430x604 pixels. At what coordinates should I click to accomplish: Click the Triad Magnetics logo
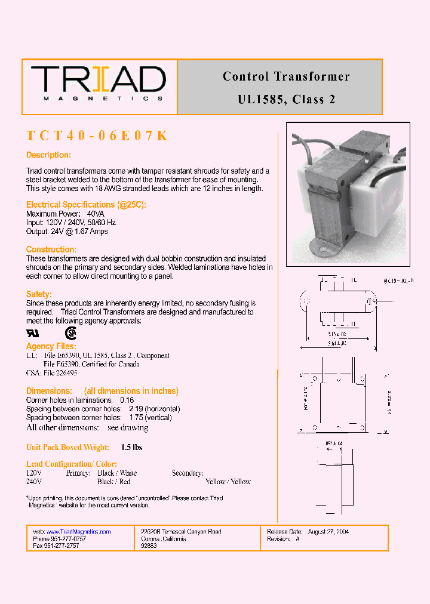[x=99, y=84]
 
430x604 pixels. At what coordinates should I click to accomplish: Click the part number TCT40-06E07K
[x=97, y=136]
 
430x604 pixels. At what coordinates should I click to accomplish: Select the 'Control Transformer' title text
[x=286, y=76]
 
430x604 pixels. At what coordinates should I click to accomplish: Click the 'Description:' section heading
[x=48, y=155]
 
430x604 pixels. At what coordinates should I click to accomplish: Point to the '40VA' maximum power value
[x=96, y=214]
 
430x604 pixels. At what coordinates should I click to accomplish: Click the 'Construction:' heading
[x=51, y=249]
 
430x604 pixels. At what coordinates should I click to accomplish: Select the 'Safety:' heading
[x=39, y=294]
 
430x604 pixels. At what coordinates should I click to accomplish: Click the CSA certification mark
[x=70, y=333]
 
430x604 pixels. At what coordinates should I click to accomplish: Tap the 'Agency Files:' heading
[x=51, y=346]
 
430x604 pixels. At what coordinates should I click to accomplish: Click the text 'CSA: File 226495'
[x=52, y=373]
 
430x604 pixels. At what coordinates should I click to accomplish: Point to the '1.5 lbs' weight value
[x=131, y=447]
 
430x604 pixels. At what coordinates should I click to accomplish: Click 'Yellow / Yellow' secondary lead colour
[x=228, y=482]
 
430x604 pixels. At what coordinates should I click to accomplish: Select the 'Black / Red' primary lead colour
[x=113, y=482]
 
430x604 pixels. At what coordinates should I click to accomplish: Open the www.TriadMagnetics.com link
[x=78, y=532]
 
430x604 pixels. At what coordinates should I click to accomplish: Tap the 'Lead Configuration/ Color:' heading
[x=71, y=464]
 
